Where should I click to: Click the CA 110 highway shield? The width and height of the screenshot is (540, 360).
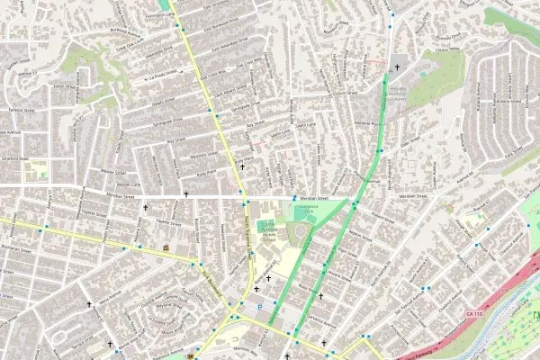point(474,312)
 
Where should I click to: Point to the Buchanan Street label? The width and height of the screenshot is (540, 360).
point(15,245)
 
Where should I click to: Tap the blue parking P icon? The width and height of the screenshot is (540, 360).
point(260,306)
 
